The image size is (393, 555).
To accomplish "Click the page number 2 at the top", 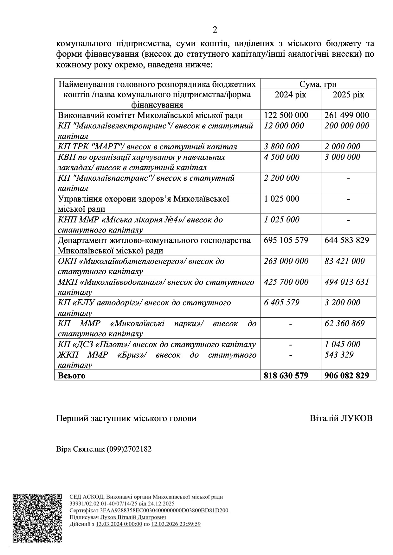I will click(x=215, y=30).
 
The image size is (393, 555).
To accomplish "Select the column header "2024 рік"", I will click(x=290, y=95).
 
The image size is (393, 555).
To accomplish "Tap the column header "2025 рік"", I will click(x=348, y=95).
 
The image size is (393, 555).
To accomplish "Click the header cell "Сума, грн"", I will click(x=318, y=84).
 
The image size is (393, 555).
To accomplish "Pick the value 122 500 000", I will click(x=286, y=115).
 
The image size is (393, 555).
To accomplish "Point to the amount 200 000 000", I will click(x=347, y=126).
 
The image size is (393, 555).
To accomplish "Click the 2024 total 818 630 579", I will click(x=286, y=376).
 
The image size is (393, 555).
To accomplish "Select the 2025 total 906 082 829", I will click(x=347, y=376).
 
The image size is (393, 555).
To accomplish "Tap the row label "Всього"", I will click(x=72, y=376).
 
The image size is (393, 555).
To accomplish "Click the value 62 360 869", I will click(x=345, y=323).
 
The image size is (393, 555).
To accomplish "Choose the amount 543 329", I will click(x=339, y=355).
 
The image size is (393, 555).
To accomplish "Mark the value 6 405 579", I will click(x=281, y=302).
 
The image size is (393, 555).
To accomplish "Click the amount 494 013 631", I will click(x=347, y=282).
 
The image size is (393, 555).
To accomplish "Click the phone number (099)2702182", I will click(x=129, y=449).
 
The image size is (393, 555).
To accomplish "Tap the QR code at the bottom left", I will click(x=37, y=517).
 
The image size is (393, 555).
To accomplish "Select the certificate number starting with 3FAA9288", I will click(x=164, y=510).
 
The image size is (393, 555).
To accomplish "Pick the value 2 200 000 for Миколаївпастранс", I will click(x=281, y=178).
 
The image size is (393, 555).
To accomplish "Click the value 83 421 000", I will click(x=345, y=261).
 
